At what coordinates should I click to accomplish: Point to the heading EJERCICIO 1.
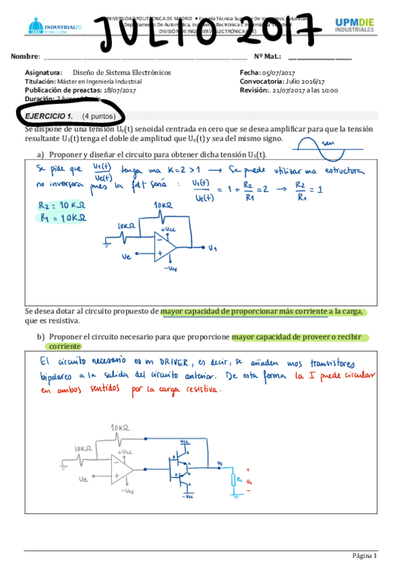point(49,116)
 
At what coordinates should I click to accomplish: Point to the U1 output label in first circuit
point(212,248)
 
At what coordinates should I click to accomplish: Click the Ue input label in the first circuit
point(127,256)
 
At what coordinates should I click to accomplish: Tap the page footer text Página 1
point(365,556)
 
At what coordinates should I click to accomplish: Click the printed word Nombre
point(25,57)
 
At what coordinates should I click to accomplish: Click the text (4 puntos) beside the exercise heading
point(99,116)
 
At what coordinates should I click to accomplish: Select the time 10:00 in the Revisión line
point(328,90)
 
